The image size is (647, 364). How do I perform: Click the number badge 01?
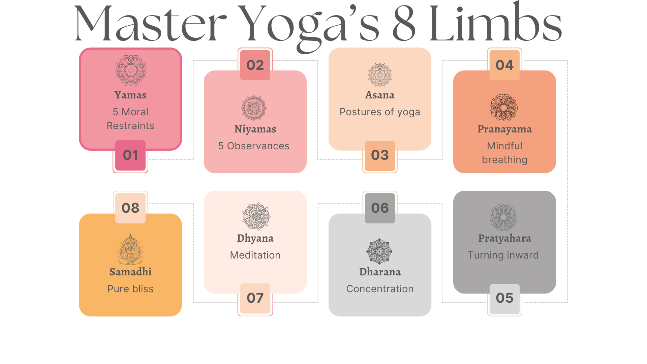click(130, 155)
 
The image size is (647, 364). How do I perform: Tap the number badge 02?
click(255, 65)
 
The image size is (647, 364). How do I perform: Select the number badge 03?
click(380, 155)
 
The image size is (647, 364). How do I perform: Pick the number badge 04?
click(504, 65)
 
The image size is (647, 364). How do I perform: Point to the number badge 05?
click(504, 298)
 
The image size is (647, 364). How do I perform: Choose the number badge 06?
click(380, 208)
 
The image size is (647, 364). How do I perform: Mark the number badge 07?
click(255, 298)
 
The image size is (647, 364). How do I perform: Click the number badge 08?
click(130, 208)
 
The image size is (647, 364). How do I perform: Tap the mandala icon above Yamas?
click(131, 70)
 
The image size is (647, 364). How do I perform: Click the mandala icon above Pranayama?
click(503, 108)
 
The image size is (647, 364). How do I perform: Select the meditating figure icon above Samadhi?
click(130, 249)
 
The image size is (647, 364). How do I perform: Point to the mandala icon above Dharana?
click(379, 251)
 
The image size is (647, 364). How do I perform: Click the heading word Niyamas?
click(255, 129)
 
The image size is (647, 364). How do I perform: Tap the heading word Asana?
click(380, 95)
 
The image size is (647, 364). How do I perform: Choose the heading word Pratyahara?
click(504, 238)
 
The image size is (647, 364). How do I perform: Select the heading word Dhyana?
click(255, 238)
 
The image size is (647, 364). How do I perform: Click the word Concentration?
click(380, 289)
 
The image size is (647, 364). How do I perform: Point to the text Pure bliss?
click(130, 289)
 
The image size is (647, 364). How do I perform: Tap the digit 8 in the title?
click(404, 24)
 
